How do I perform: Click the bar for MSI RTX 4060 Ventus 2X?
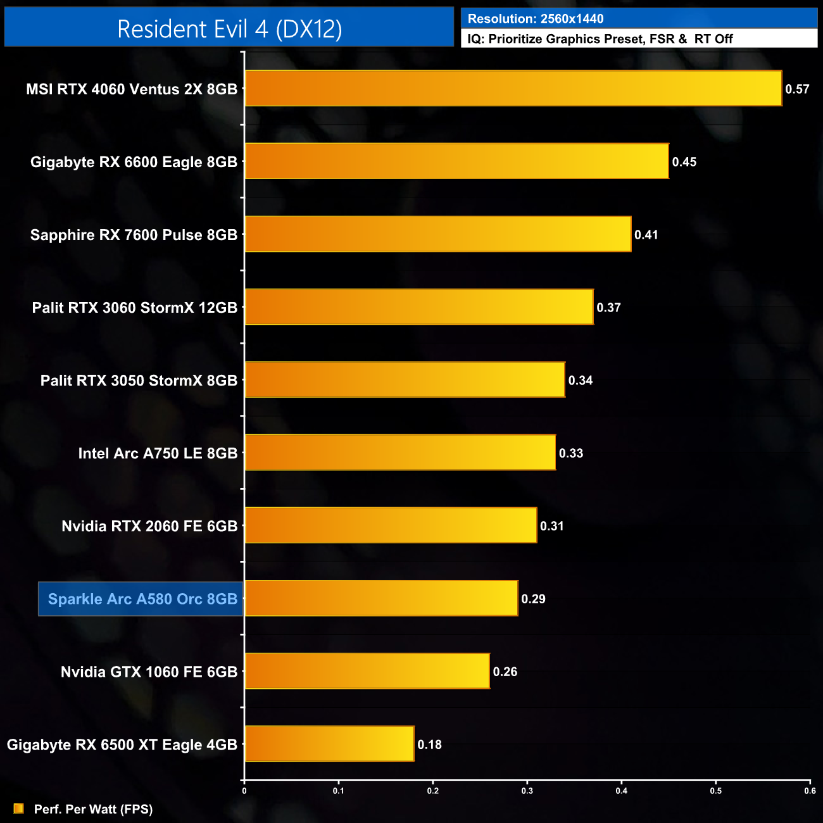point(513,89)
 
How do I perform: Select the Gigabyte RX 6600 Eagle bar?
point(456,161)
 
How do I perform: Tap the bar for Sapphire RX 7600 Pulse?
point(437,234)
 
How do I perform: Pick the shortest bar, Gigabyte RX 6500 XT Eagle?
point(329,744)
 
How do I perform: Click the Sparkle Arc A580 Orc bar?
point(381,598)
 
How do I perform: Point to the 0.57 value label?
point(797,89)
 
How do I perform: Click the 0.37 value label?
point(608,308)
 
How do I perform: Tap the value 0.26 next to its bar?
point(505,672)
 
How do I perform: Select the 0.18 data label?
point(429,744)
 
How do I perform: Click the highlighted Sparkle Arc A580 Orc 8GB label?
point(142,599)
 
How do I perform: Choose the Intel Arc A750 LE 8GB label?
point(158,453)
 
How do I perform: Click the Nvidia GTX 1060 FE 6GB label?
point(149,672)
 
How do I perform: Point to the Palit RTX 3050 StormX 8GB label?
point(139,380)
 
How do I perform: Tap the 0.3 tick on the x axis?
point(527,791)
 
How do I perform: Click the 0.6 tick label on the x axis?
point(810,791)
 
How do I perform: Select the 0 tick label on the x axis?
point(244,791)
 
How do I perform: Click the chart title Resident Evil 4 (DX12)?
point(229,29)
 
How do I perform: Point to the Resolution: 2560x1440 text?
point(536,19)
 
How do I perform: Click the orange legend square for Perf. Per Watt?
point(19,808)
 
